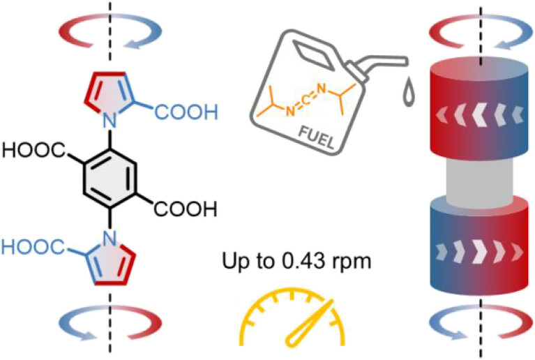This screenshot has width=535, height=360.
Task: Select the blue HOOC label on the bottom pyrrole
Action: (x=31, y=246)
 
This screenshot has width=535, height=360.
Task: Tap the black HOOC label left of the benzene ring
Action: (x=33, y=149)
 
